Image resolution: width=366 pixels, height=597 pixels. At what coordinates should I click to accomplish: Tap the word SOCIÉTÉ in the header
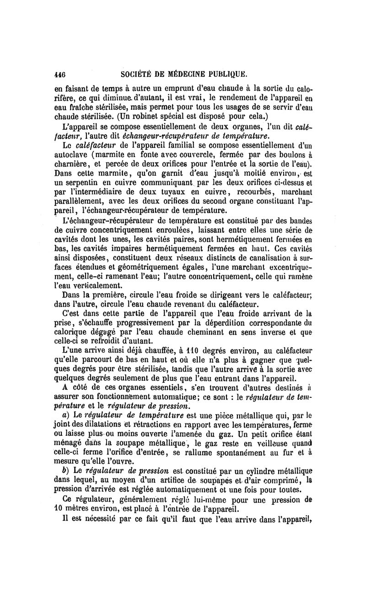click(x=136, y=73)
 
